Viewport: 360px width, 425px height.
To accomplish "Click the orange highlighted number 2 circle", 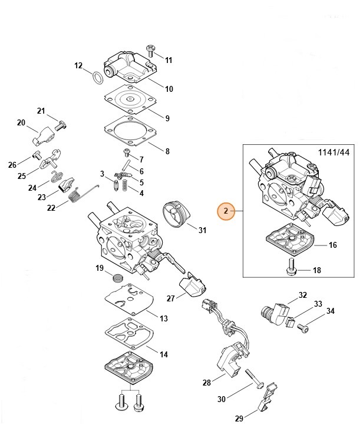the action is (x=226, y=211).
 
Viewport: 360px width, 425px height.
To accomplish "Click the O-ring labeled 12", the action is (x=98, y=78).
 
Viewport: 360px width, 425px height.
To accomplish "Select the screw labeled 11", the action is (x=151, y=51).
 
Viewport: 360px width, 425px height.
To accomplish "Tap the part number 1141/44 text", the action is (x=333, y=152).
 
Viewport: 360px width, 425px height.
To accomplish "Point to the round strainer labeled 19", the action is (x=117, y=278).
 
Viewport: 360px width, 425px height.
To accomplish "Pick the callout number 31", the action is (x=202, y=230).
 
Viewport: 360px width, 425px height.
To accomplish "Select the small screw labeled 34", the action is (x=303, y=328).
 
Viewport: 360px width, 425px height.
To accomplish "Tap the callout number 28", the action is (x=207, y=383).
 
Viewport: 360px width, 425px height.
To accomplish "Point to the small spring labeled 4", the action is (x=125, y=185).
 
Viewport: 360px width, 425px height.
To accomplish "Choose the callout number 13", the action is (x=164, y=318).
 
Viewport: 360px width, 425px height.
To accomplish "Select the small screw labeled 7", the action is (x=127, y=152).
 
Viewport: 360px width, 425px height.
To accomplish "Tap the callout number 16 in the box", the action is (x=332, y=245).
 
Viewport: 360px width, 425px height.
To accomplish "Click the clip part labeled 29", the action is (x=267, y=397).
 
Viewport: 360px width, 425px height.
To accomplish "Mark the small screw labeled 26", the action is (x=37, y=155).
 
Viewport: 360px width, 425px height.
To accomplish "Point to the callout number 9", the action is (x=167, y=118).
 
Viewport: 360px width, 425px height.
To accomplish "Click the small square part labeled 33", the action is (x=290, y=322).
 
